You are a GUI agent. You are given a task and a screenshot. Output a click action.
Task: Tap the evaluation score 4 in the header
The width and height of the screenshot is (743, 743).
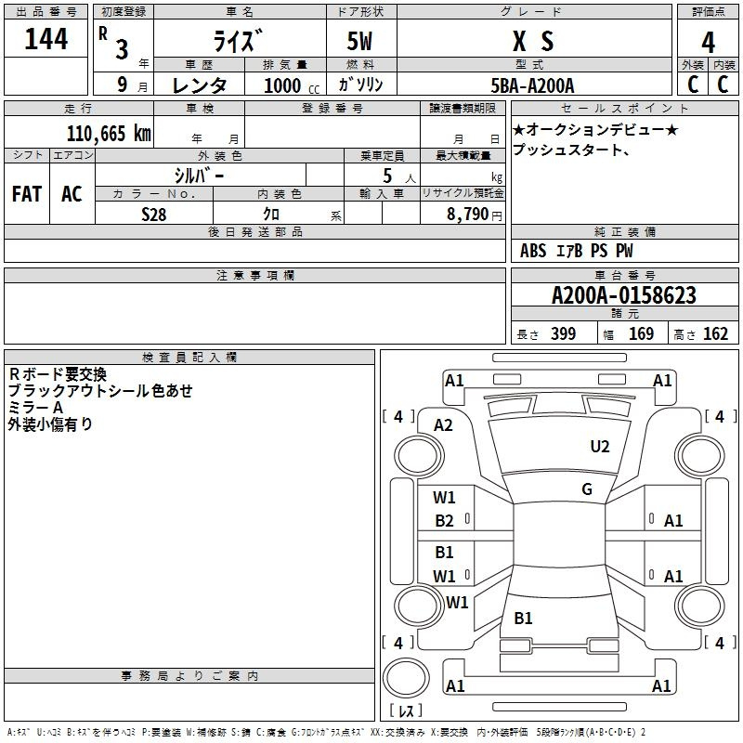[x=708, y=43]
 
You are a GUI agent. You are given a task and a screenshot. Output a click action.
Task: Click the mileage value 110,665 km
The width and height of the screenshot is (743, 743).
[x=109, y=134]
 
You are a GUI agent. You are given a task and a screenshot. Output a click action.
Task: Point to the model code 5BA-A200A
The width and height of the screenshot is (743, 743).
[x=532, y=85]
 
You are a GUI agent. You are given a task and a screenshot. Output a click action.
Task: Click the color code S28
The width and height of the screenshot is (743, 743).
[x=155, y=213]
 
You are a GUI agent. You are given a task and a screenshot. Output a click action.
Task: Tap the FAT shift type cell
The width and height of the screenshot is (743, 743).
[x=26, y=194]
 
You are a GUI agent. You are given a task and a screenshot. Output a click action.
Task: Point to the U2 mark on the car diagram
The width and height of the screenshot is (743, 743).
[x=600, y=447]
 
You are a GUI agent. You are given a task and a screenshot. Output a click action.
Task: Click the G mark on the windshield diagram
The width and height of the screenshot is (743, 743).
[x=587, y=489]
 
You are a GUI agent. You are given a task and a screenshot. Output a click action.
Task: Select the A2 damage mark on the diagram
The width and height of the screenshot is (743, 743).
[x=444, y=424]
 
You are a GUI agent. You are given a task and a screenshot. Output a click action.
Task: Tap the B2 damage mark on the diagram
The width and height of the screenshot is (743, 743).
[x=444, y=521]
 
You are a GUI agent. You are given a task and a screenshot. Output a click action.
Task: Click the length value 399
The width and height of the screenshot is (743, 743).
[x=563, y=334]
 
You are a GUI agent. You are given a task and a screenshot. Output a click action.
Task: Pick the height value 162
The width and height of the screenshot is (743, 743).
[x=714, y=334]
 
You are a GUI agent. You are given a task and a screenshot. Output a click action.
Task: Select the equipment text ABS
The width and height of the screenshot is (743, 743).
[x=533, y=251]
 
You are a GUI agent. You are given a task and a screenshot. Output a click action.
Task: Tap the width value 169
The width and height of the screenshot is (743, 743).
[x=642, y=334]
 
